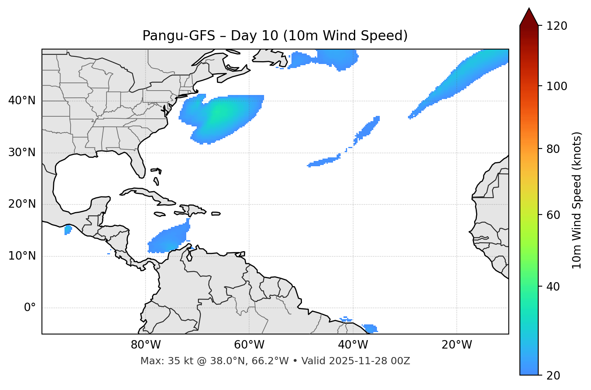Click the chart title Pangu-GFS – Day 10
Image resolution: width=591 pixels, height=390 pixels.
(275, 36)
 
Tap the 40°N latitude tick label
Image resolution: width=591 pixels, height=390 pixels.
(22, 101)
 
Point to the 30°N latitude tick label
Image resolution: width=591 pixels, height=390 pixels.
(22, 153)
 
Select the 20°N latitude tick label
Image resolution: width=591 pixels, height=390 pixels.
(22, 204)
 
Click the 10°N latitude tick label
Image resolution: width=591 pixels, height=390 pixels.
(22, 256)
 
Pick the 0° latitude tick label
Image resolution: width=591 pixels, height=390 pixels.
(30, 308)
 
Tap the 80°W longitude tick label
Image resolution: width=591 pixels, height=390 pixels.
(146, 345)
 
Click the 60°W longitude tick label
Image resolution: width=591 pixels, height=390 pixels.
(249, 345)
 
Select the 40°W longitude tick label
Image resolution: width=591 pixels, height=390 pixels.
(353, 345)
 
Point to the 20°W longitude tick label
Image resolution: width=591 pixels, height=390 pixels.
(456, 345)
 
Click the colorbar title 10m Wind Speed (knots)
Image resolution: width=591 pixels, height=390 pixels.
(577, 200)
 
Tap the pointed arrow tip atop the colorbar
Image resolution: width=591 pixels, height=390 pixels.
(529, 9)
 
